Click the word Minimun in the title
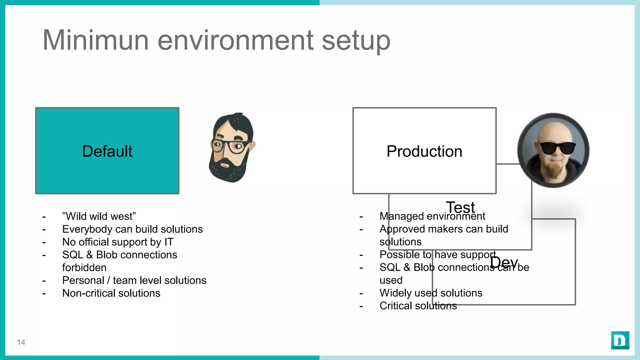(95, 40)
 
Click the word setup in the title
(356, 41)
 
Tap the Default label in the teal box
(107, 151)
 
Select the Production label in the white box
(424, 151)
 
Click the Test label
(460, 207)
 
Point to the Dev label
(504, 262)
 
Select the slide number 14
(21, 342)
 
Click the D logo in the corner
(620, 340)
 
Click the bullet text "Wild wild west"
(99, 216)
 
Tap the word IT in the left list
(169, 242)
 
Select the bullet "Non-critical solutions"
(111, 293)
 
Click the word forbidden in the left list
(84, 267)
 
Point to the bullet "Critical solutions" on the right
(418, 306)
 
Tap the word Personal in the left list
(83, 280)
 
